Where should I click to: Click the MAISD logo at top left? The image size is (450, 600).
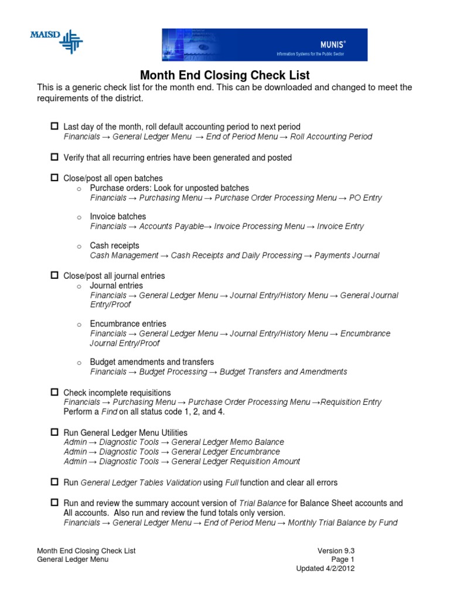(x=56, y=41)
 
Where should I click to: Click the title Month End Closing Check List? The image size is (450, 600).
(x=224, y=76)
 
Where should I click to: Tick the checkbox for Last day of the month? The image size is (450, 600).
(x=54, y=126)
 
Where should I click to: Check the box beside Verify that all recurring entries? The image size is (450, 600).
(x=54, y=157)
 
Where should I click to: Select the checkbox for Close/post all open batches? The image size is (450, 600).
(x=54, y=178)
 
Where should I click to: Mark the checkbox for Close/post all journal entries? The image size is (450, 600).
(x=54, y=275)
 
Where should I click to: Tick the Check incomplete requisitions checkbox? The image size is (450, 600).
(x=54, y=391)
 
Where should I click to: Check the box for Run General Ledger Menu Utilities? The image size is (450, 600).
(x=54, y=432)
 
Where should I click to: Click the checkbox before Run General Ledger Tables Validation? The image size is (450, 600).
(x=54, y=482)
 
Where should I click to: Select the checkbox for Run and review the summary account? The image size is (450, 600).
(x=54, y=503)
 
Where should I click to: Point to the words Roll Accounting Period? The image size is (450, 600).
(x=331, y=137)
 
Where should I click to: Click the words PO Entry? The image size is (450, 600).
(x=366, y=198)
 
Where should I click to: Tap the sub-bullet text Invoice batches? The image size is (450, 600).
(x=118, y=216)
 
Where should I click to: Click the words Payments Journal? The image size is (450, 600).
(x=348, y=255)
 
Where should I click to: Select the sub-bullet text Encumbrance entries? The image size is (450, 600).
(x=128, y=323)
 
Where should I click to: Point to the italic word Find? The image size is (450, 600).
(x=110, y=412)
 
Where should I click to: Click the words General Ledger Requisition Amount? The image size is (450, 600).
(x=236, y=462)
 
